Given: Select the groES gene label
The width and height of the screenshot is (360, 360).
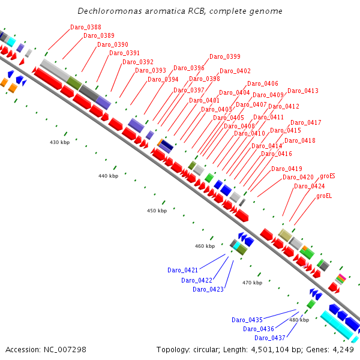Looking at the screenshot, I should [327, 176].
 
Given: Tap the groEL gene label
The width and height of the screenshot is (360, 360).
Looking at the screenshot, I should [324, 196].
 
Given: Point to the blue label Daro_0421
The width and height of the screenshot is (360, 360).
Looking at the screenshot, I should [182, 270].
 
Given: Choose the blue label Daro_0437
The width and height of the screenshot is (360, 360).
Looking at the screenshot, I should [270, 338].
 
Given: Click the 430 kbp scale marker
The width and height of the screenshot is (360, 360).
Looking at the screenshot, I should [59, 142].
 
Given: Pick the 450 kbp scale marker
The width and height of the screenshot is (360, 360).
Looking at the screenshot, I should [157, 211].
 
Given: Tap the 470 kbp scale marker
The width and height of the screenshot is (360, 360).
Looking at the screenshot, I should [252, 282].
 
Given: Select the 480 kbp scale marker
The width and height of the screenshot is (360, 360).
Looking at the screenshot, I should [299, 320].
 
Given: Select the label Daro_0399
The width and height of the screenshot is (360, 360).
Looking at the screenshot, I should [224, 56].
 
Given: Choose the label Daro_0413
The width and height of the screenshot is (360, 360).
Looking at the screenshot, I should [302, 91].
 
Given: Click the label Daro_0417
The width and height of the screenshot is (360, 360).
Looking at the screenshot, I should [305, 122].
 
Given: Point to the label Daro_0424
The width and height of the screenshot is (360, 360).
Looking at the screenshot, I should [309, 186].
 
